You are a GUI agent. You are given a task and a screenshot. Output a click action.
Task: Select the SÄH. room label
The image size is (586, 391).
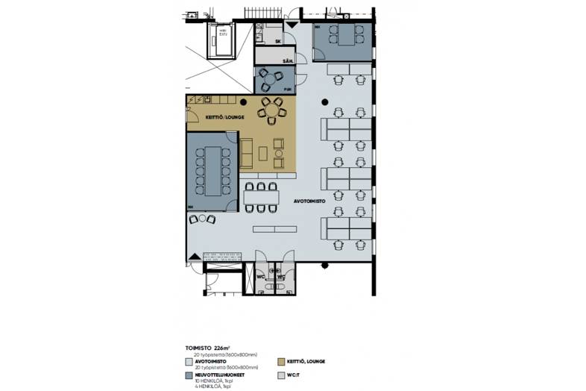pyautogui.click(x=287, y=60)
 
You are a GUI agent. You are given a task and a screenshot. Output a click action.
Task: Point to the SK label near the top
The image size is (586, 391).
pyautogui.click(x=278, y=41)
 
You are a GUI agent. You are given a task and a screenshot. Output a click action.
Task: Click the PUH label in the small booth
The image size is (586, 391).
pyautogui.click(x=286, y=89)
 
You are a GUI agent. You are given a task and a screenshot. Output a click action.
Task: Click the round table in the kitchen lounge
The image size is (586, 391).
pyautogui.click(x=271, y=111)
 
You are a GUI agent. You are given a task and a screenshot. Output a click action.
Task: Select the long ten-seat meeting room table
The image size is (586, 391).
pyautogui.click(x=212, y=169)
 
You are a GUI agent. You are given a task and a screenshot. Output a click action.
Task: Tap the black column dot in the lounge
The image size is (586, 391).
pyautogui.click(x=244, y=101)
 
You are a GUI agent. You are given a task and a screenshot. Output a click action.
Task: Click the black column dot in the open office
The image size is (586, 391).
pyautogui.click(x=324, y=101)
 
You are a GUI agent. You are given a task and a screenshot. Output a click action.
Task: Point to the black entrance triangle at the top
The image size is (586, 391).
pyautogui.click(x=292, y=25)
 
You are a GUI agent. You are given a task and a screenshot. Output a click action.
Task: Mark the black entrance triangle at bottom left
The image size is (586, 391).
pyautogui.click(x=195, y=257)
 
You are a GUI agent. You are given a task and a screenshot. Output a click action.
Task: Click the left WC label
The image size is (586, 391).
pyautogui.click(x=261, y=278)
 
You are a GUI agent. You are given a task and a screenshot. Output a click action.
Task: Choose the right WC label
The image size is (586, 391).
pyautogui.click(x=281, y=278)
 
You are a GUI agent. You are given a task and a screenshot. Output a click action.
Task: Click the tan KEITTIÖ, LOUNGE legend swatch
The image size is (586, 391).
pyautogui.click(x=280, y=361)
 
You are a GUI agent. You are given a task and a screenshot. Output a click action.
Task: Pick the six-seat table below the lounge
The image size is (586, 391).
pyautogui.click(x=260, y=197)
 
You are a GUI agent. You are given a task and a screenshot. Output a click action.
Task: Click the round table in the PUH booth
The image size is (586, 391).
pyautogui.click(x=268, y=77)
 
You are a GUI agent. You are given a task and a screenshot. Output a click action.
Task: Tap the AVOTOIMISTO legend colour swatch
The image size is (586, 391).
pyautogui.click(x=189, y=362)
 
